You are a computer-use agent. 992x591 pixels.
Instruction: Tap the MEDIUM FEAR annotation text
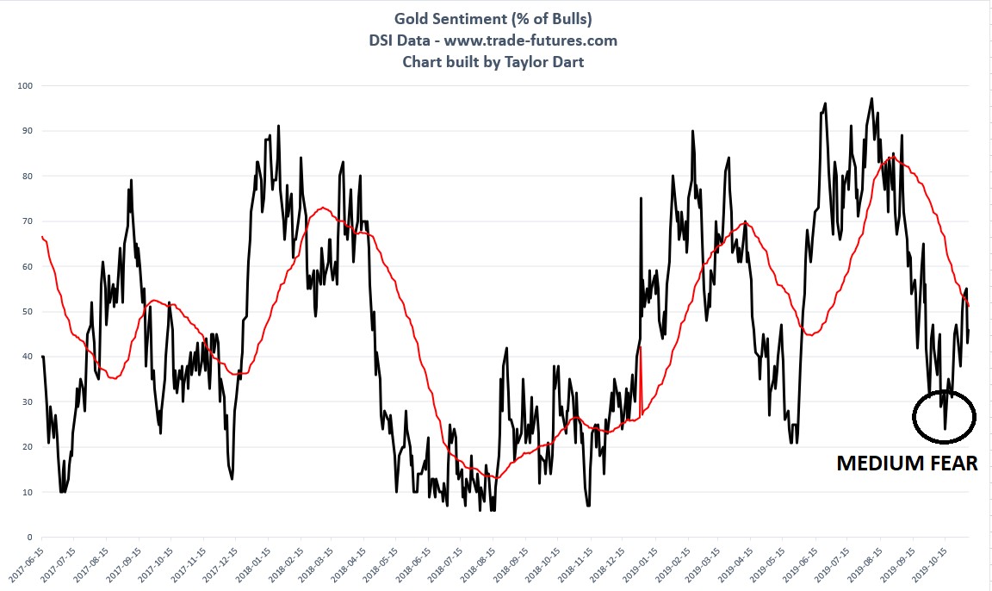click(907, 463)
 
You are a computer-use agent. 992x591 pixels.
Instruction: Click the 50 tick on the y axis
click(26, 312)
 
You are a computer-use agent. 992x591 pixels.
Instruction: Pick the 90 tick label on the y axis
click(26, 131)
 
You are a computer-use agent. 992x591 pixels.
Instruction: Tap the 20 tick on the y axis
click(26, 447)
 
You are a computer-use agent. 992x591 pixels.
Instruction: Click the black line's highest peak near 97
click(872, 98)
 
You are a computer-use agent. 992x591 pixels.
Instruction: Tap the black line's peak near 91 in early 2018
click(278, 126)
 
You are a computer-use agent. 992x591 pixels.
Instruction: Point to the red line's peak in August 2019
click(893, 156)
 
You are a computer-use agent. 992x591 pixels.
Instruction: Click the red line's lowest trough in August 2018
click(495, 477)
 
